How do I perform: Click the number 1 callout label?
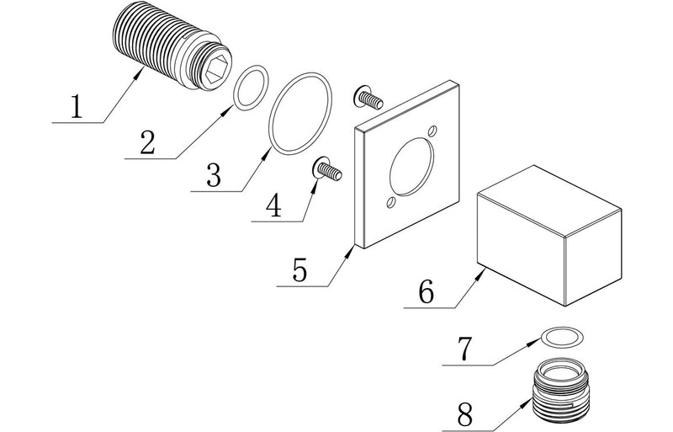click(77, 108)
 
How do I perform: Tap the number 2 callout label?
click(147, 141)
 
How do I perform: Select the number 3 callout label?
click(213, 174)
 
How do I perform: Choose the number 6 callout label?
click(426, 292)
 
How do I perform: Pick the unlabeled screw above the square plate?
click(367, 99)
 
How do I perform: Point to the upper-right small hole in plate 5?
click(432, 131)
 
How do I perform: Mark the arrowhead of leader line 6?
click(482, 271)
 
